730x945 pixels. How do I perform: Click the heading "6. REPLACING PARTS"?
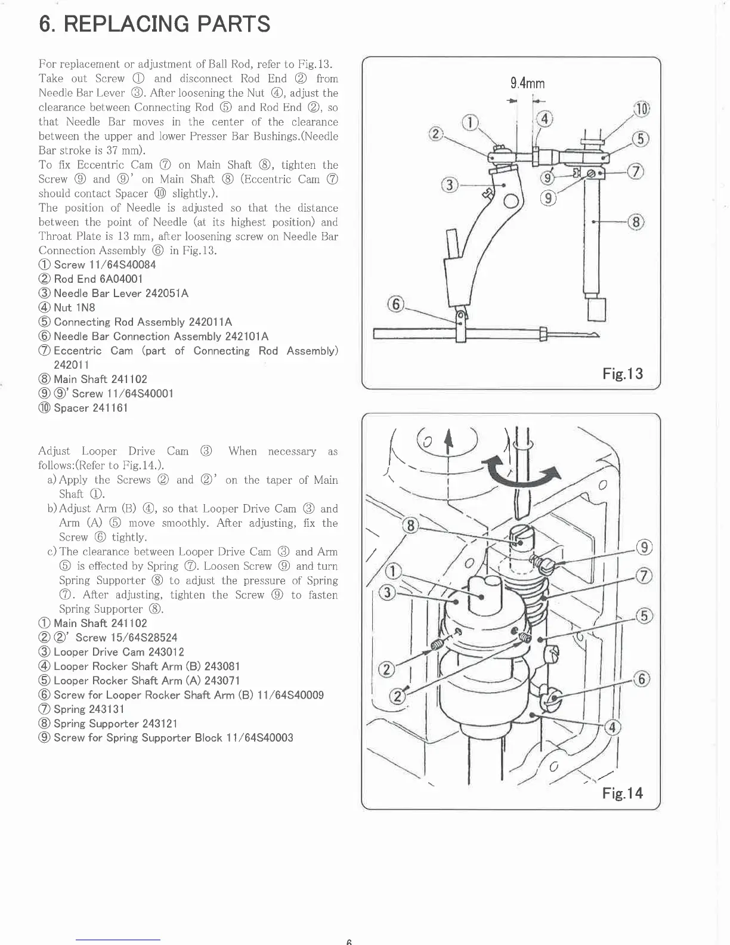click(154, 24)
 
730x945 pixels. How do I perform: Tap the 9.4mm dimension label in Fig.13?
click(527, 84)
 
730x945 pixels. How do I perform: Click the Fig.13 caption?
click(623, 374)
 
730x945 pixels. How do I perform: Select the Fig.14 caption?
click(623, 793)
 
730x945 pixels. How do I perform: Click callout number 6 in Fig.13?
click(395, 305)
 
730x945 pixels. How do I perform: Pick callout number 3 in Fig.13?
click(449, 185)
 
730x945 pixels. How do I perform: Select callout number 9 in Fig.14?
click(644, 547)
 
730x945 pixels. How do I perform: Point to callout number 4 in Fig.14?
click(613, 727)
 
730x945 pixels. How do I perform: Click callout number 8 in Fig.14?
click(410, 526)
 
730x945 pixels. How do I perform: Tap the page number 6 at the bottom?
click(349, 941)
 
